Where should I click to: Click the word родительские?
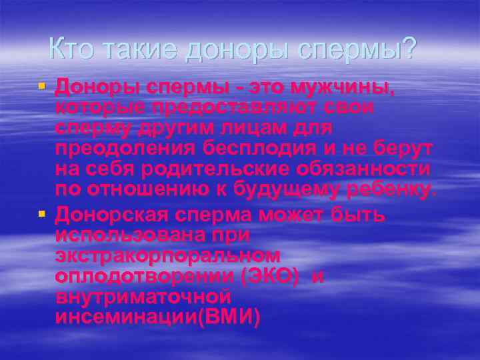(212, 169)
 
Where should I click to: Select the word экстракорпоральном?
(167, 256)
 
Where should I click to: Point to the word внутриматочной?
(143, 297)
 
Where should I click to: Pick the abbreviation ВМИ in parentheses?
(231, 317)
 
